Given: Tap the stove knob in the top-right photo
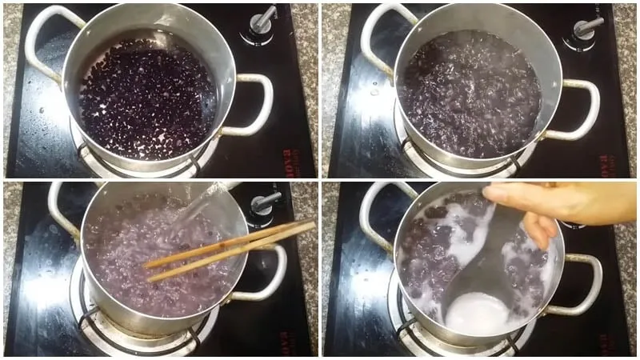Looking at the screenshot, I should point(586,26).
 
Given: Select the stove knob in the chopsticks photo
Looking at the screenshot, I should point(265,202).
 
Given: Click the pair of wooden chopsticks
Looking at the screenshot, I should point(232,249).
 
